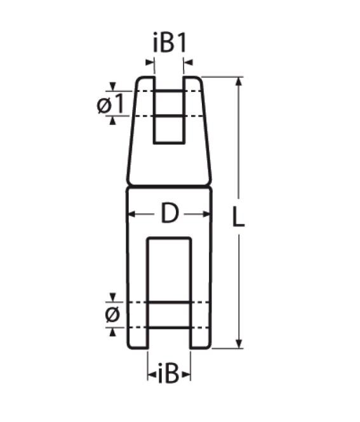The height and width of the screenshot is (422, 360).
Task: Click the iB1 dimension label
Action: pyautogui.click(x=170, y=43)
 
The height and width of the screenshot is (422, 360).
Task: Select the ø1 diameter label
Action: pyautogui.click(x=110, y=104)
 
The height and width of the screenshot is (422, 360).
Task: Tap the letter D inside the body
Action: pyautogui.click(x=170, y=213)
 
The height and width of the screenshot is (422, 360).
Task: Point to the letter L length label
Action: pyautogui.click(x=238, y=216)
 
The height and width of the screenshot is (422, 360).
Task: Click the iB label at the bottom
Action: pyautogui.click(x=168, y=373)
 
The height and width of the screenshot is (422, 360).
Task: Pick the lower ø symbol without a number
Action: pyautogui.click(x=112, y=315)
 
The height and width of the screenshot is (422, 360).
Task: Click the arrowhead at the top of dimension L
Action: pyautogui.click(x=239, y=81)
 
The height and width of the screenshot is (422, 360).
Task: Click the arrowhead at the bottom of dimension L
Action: pyautogui.click(x=239, y=344)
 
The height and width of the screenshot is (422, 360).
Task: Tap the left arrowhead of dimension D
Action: pyautogui.click(x=131, y=214)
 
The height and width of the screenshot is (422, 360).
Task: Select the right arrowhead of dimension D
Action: pyautogui.click(x=206, y=214)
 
